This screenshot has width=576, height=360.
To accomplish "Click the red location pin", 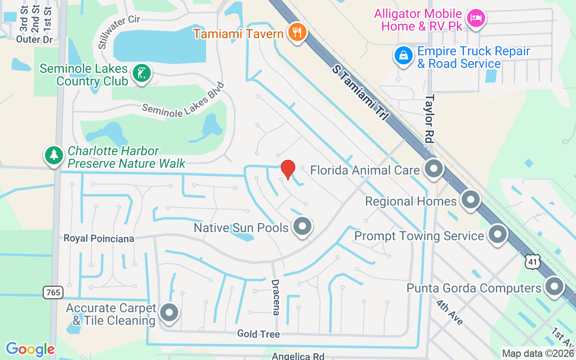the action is point(288,170).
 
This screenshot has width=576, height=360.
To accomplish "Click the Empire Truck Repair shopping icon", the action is point(404,55).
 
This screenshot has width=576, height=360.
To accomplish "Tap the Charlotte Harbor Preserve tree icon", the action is point(54,155).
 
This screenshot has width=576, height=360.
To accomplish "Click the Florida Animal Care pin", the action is point(434,169).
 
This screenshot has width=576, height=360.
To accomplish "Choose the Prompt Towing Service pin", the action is point(498,234).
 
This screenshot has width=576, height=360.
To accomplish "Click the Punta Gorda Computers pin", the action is point(554,286).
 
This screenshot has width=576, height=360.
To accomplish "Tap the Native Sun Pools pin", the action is point(302,226).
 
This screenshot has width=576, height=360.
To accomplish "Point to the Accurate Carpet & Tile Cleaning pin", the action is point(169,312).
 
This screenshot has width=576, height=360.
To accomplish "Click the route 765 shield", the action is point(53,292).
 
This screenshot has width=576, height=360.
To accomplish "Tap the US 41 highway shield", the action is point(533,261).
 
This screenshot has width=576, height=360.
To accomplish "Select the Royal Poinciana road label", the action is point(99,238).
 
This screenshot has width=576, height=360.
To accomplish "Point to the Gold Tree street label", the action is point(259,333).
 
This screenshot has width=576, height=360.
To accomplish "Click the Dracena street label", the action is point(275,297).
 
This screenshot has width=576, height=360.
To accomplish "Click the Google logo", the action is point(30,349).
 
